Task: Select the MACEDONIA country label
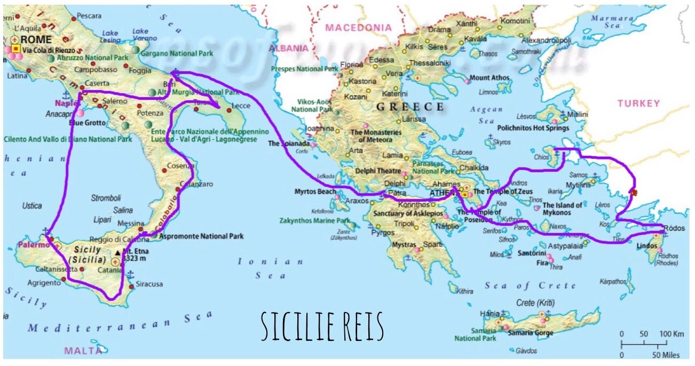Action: click(x=358, y=27)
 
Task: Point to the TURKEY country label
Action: click(x=638, y=104)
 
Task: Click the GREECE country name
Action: click(x=410, y=107)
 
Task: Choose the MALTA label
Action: click(x=83, y=351)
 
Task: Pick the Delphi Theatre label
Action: click(x=378, y=172)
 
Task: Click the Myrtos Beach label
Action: click(x=315, y=192)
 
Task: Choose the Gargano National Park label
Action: click(x=177, y=53)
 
